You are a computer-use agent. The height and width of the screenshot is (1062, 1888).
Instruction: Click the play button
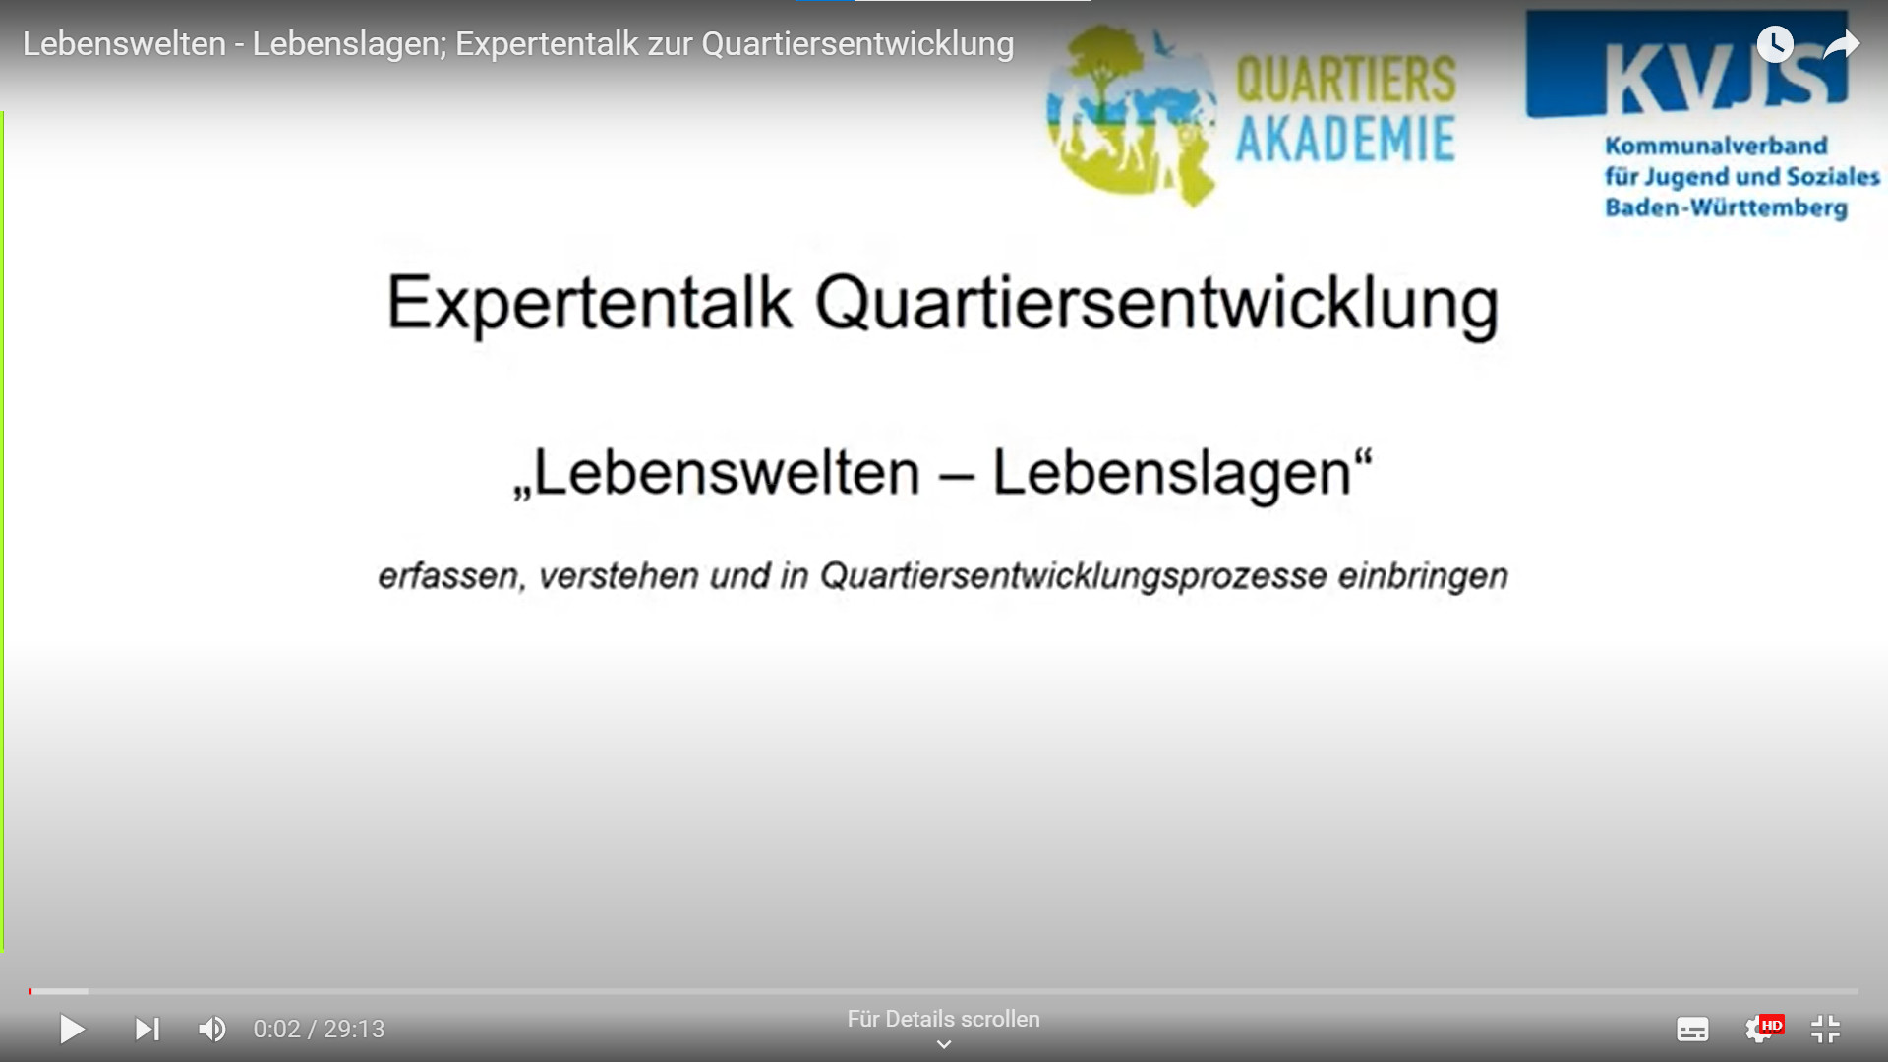coord(72,1030)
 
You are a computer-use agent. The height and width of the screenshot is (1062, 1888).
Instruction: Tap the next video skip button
coord(147,1030)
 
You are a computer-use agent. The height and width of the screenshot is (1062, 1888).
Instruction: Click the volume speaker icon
coord(212,1030)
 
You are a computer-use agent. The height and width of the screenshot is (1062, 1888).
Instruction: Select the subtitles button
coord(1692,1030)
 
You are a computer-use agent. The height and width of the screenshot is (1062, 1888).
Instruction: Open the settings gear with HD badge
coord(1761,1029)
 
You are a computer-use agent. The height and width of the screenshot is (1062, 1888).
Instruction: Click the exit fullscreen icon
coord(1826,1030)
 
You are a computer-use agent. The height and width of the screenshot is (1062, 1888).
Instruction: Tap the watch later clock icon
coord(1775,44)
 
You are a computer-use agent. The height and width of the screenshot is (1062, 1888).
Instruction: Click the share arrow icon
coord(1841,44)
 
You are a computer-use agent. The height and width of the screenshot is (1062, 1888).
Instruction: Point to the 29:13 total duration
coord(354,1030)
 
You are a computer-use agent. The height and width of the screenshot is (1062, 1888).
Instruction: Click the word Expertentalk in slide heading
coord(589,304)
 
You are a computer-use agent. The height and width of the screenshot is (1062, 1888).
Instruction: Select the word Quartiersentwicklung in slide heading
coord(1157,304)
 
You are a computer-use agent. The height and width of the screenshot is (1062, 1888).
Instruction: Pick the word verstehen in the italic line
coord(619,576)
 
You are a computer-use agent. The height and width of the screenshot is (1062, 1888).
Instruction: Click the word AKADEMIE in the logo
coord(1345,139)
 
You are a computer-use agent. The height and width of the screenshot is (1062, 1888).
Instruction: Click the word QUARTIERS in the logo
coord(1345,79)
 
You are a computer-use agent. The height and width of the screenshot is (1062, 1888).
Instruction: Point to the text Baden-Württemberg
coord(1727,208)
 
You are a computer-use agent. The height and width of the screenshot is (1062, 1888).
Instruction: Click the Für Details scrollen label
coord(944,1020)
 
